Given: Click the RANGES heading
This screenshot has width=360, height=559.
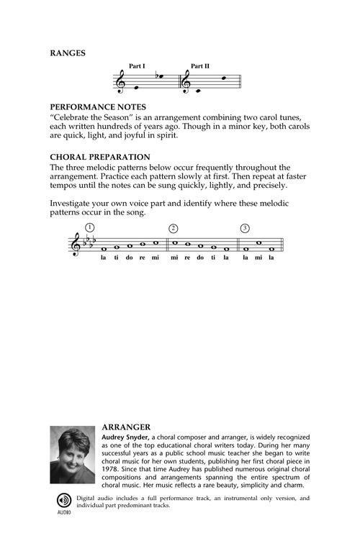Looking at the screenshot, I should (x=68, y=53).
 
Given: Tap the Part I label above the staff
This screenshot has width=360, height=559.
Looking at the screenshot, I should (x=137, y=66).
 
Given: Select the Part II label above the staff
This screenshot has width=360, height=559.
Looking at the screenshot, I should (x=199, y=66).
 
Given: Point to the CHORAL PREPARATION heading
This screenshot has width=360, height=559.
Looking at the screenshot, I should (x=99, y=157).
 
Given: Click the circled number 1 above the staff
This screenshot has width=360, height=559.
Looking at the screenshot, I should (x=89, y=228).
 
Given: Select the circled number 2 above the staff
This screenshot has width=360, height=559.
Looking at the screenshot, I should (x=173, y=228).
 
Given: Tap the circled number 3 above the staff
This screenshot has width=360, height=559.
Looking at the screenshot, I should (x=245, y=228).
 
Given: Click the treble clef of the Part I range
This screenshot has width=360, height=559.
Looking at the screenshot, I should (x=120, y=83).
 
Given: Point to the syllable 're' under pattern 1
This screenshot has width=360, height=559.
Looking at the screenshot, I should (x=142, y=258).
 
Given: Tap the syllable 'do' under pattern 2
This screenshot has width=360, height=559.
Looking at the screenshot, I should (x=199, y=258).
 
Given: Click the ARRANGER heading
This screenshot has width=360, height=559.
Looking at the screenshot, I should (x=124, y=426).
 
